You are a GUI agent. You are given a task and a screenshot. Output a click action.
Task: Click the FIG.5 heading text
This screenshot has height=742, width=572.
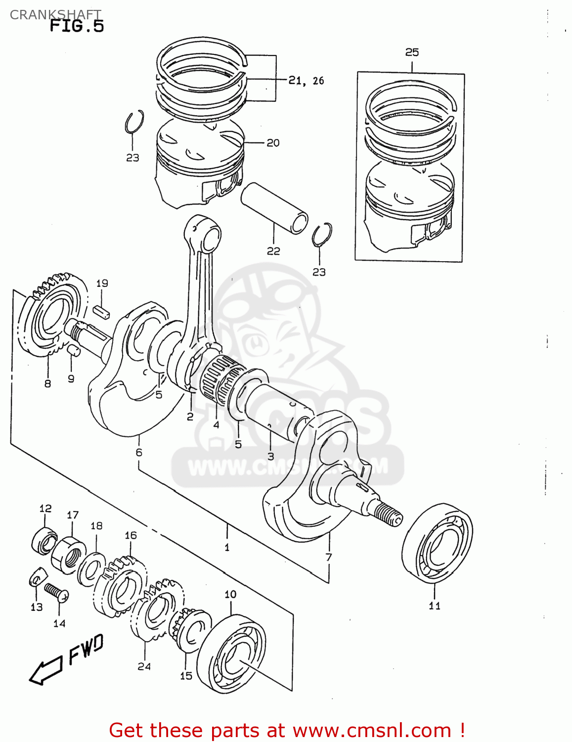pos(77,26)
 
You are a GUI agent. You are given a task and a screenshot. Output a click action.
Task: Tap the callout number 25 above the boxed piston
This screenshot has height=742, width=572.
pos(412,52)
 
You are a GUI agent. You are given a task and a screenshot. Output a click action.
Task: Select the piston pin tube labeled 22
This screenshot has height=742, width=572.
pos(274,208)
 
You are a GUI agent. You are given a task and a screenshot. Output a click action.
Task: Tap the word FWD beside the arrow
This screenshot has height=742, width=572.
pos(86,649)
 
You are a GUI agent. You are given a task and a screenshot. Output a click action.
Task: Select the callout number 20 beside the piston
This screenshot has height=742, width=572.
pos(273,143)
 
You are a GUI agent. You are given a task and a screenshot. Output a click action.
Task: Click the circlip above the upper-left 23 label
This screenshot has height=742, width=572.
pos(134,122)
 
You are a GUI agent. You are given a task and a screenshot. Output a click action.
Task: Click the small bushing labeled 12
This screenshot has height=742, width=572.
pos(44,540)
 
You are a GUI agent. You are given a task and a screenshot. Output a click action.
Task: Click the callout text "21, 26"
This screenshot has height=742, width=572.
pos(306,80)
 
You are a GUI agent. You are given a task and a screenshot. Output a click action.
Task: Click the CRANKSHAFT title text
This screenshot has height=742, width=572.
pos(55,15)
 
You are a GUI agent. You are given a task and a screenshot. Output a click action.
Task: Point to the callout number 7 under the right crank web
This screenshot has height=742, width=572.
pos(329,557)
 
